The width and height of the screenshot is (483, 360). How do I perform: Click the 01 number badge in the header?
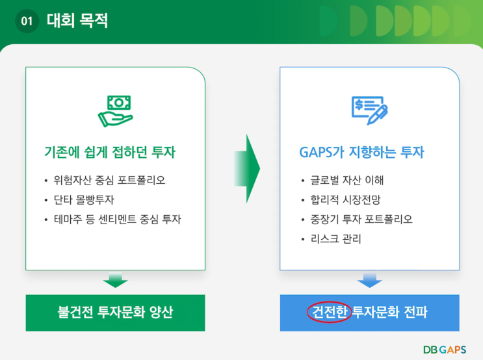pyautogui.click(x=27, y=21)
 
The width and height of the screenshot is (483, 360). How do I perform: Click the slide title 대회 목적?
pyautogui.click(x=77, y=21)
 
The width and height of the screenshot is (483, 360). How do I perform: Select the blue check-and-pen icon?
pyautogui.click(x=369, y=110)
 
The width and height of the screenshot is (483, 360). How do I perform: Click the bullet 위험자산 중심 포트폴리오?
pyautogui.click(x=114, y=180)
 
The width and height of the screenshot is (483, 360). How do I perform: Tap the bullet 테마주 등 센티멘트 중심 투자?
pyautogui.click(x=117, y=219)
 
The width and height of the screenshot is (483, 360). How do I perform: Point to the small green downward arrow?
pyautogui.click(x=115, y=280)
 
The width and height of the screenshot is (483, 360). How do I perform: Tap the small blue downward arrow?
pyautogui.click(x=369, y=280)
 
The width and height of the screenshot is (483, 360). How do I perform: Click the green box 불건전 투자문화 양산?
pyautogui.click(x=115, y=313)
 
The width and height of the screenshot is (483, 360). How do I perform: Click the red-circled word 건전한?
pyautogui.click(x=329, y=313)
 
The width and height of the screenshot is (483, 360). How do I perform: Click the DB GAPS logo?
pyautogui.click(x=445, y=349)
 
